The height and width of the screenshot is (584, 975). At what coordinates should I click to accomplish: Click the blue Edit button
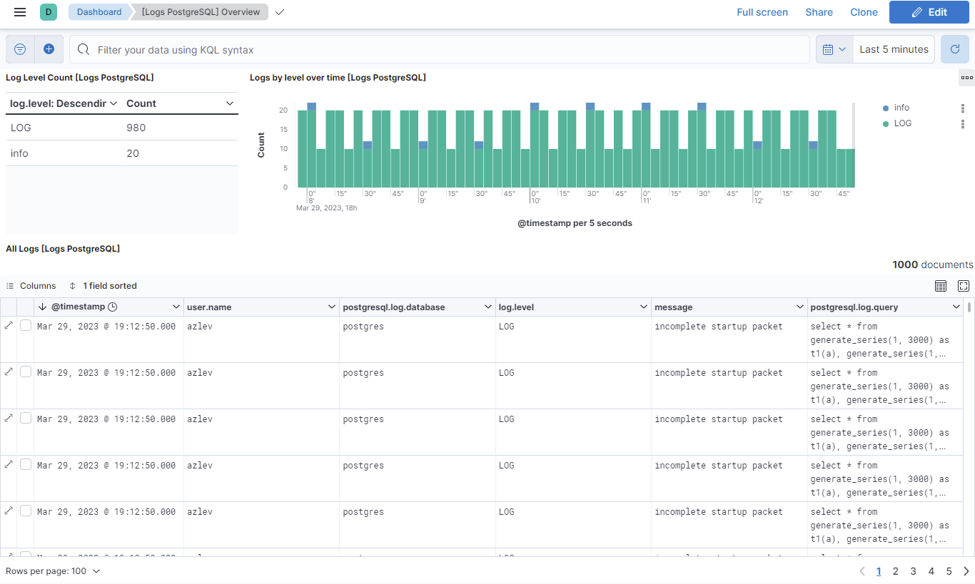(x=929, y=12)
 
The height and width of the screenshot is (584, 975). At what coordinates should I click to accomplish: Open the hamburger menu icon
(x=20, y=12)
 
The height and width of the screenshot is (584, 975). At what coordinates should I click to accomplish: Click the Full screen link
(x=762, y=12)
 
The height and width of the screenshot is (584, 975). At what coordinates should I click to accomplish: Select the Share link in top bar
(x=819, y=12)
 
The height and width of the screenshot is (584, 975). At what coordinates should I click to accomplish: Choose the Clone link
(x=864, y=12)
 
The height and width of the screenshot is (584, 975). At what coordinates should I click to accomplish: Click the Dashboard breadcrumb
(x=98, y=12)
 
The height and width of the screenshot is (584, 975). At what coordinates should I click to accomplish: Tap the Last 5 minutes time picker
(x=894, y=49)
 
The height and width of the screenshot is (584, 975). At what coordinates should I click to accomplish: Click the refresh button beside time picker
(x=954, y=49)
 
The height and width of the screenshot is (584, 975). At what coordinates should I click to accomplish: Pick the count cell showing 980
(x=136, y=128)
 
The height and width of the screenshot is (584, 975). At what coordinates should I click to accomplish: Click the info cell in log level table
(x=20, y=153)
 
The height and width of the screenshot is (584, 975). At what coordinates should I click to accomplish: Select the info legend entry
(x=901, y=108)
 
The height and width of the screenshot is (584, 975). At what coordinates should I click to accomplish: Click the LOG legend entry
(x=902, y=123)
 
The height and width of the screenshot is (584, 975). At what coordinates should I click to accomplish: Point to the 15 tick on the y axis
(x=283, y=130)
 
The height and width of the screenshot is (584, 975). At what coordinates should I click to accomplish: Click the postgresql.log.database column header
(x=394, y=307)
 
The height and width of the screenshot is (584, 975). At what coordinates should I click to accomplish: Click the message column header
(x=673, y=307)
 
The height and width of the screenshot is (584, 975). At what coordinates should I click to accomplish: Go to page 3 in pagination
(x=913, y=571)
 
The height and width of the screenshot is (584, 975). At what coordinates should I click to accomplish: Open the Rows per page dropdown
(x=53, y=571)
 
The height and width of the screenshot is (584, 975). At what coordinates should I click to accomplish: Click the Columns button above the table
(x=31, y=286)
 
